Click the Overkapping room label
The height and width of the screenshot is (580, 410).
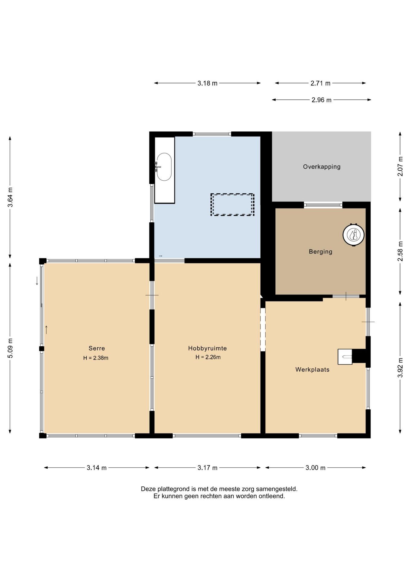click(322, 167)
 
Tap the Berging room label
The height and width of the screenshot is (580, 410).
click(320, 252)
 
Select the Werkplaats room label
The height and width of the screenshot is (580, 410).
click(312, 369)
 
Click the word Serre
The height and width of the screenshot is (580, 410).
click(97, 348)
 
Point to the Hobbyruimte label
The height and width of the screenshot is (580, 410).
click(207, 348)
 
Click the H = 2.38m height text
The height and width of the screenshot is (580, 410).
click(96, 358)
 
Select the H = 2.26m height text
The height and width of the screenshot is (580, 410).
click(208, 357)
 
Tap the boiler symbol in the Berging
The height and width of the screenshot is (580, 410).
click(354, 235)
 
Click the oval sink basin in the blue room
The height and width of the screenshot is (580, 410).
click(164, 167)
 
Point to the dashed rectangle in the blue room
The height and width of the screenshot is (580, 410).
click(232, 205)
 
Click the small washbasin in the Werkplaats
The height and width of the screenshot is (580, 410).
click(345, 357)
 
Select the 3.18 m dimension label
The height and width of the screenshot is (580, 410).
click(207, 83)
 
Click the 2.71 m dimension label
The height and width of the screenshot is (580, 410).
click(320, 83)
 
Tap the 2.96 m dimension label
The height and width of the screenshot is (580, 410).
click(322, 100)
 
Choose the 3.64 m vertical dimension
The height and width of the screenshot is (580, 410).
click(10, 197)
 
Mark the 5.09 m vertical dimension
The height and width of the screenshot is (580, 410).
click(10, 348)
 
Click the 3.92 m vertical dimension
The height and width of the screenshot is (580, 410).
click(400, 368)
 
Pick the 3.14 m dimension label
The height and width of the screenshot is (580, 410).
click(97, 468)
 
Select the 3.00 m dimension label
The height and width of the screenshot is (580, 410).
click(316, 468)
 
